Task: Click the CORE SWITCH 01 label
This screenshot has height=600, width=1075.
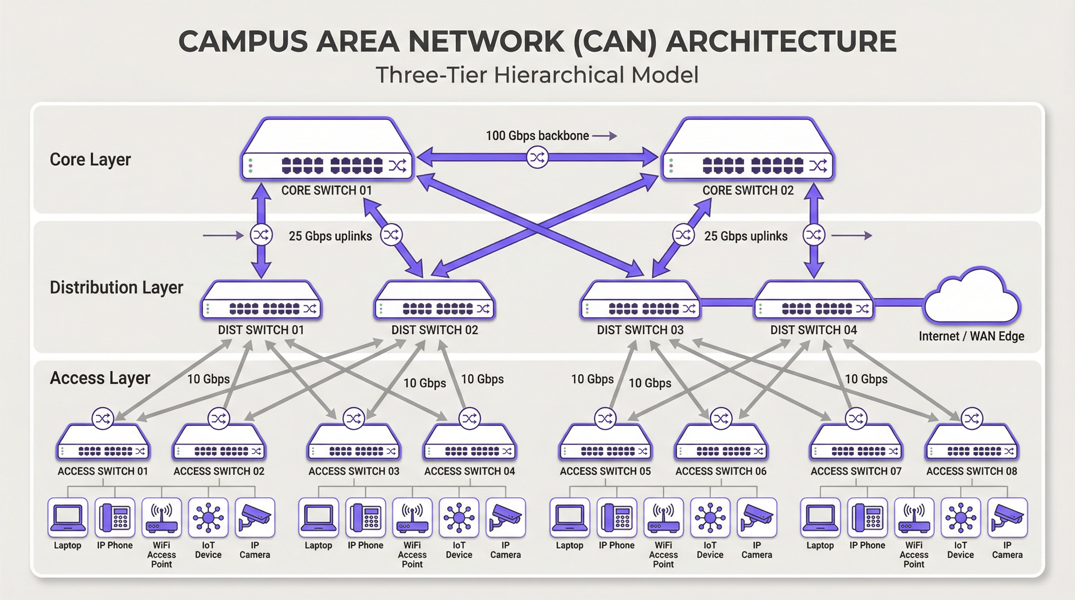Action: coord(326,190)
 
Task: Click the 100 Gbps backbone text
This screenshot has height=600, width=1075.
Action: coord(537,136)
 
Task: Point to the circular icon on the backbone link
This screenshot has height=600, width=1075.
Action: coord(537,157)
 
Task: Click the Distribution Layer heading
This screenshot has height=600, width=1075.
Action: coord(116,287)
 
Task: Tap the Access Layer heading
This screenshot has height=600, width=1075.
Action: coord(100,378)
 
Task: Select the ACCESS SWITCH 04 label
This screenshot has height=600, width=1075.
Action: coord(470,471)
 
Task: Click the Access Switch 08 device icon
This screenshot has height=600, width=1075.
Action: coord(971,443)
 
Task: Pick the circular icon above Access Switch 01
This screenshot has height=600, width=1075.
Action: coord(103,418)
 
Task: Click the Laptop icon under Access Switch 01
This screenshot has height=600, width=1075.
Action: coord(68,518)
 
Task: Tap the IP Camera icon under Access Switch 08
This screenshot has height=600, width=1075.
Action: coord(1007,518)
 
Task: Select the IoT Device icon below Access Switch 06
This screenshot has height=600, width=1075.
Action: coord(710,518)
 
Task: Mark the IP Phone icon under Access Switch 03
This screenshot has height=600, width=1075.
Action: coord(366,518)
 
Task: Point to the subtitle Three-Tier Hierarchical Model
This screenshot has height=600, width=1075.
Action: coord(537,75)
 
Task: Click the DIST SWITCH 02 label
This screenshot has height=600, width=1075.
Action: coord(434,330)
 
